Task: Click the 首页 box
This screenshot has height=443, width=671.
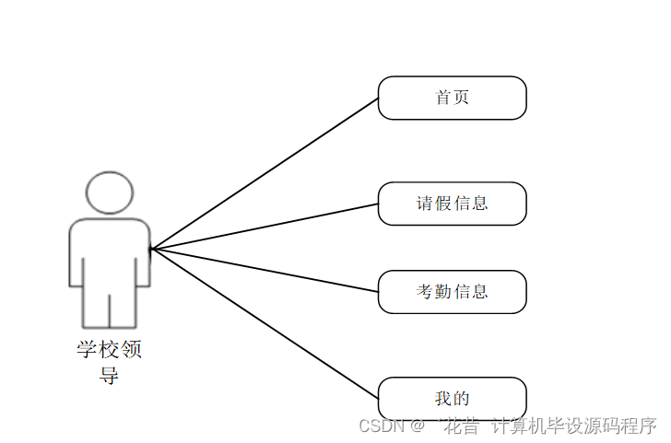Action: tap(452, 98)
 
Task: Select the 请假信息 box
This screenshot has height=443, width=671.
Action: tap(452, 204)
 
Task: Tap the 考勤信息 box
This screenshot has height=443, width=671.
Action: tap(452, 292)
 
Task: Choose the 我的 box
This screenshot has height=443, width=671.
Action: tap(452, 399)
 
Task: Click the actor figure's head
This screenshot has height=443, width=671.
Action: tap(109, 192)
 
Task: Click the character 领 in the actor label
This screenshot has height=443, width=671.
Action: tap(132, 351)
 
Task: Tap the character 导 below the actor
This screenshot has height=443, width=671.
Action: tap(110, 375)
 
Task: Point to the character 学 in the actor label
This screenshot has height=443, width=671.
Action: tap(88, 351)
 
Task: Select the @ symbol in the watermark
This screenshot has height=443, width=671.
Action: tap(418, 426)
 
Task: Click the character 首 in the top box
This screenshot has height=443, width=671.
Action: tap(443, 98)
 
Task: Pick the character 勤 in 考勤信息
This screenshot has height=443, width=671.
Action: tap(443, 292)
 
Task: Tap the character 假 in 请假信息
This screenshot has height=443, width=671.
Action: tap(443, 204)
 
